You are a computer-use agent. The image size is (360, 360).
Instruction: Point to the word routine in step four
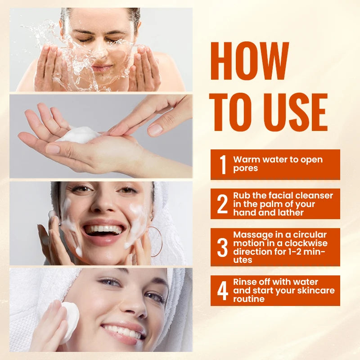point(249,299)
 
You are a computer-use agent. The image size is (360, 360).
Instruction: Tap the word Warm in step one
point(245,160)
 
